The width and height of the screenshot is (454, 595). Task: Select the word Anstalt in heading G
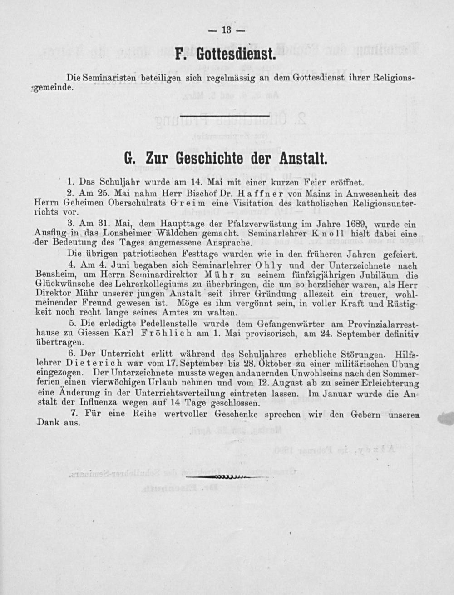pos(302,159)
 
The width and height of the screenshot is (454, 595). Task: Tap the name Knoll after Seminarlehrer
pos(326,234)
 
